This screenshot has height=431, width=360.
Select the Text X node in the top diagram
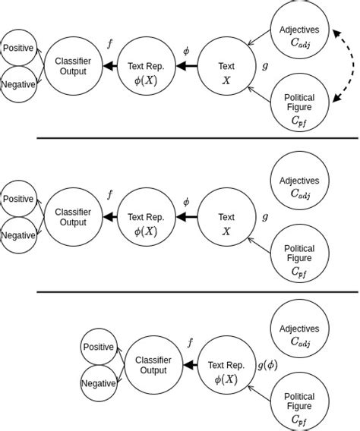pos(226,72)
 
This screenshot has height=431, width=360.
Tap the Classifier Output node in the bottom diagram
pos(153,365)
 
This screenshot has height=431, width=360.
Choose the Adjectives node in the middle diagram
pos(299,187)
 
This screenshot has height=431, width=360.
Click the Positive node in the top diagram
pos(18,48)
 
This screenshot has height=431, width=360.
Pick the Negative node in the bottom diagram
pos(98,383)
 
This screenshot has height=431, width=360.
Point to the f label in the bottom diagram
pos(190,343)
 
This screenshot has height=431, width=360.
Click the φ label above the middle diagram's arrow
pos(186,202)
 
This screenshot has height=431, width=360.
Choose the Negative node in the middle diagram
pos(18,234)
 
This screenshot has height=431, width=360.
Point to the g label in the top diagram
pos(264,66)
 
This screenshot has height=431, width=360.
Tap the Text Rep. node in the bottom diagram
pos(226,365)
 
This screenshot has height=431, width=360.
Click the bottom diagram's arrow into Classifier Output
pos(188,365)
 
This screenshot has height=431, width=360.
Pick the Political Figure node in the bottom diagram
pos(299,401)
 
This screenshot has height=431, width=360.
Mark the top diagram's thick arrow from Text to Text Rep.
pos(186,67)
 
